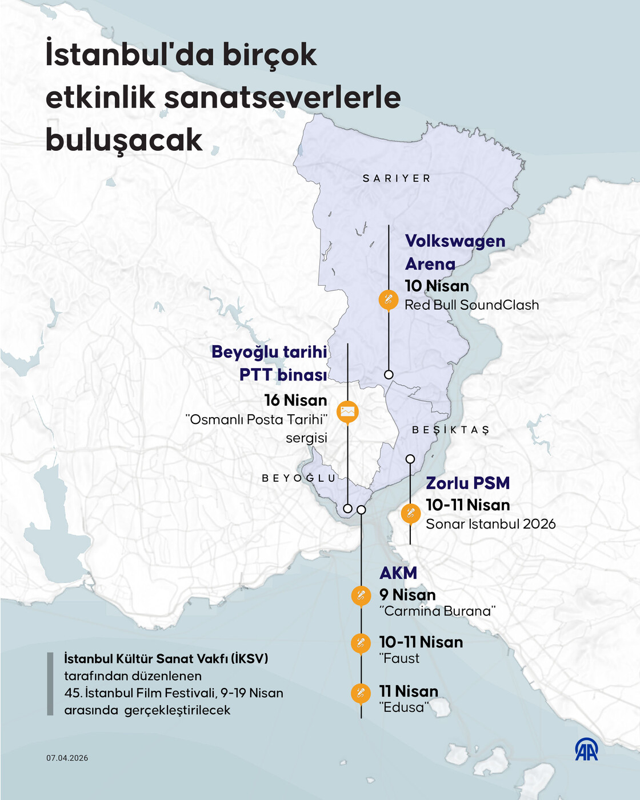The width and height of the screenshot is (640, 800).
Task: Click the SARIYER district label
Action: pos(397,178)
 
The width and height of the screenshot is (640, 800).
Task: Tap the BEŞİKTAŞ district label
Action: pos(451,430)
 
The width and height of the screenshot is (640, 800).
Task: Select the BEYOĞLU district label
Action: pos(299,478)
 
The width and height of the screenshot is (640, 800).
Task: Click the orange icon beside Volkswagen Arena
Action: pos(389,299)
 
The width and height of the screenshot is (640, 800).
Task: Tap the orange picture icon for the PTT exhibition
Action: pos(347,411)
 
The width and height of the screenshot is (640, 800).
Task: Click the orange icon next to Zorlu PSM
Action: pos(410,513)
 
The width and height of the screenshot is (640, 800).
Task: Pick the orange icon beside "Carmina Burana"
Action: pos(361,595)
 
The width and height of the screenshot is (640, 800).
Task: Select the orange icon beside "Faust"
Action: pos(361,643)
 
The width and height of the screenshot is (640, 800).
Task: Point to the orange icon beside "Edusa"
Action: pos(361,693)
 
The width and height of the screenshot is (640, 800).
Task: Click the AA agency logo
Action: pos(586,749)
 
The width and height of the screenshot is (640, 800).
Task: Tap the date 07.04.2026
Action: pos(67,758)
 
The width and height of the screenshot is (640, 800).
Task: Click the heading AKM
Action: pos(398,573)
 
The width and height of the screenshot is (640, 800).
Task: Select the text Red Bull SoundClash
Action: pos(471,305)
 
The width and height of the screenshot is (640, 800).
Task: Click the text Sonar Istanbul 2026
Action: pos(490,524)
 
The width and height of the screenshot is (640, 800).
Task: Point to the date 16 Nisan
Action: pos(295,400)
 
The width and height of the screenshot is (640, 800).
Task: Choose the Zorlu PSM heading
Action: pos(467,483)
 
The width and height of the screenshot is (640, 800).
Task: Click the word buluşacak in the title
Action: pos(124,140)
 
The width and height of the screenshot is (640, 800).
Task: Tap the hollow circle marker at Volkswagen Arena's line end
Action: pos(389,375)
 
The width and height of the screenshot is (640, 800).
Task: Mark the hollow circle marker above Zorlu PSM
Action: pos(410,459)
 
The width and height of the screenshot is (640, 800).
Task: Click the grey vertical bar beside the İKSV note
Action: pos(50,684)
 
